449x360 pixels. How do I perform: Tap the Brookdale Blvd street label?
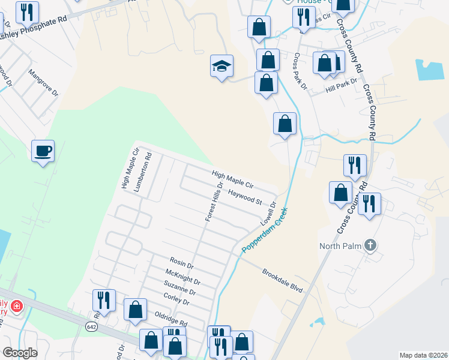pyautogui.click(x=282, y=281)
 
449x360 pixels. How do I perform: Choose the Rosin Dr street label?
pyautogui.click(x=181, y=263)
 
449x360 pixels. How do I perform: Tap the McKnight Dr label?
pyautogui.click(x=182, y=277)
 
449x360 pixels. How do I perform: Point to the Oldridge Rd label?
pyautogui.click(x=171, y=319)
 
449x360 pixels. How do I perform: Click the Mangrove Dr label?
pyautogui.click(x=44, y=83)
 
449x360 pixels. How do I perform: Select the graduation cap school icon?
pyautogui.click(x=221, y=66)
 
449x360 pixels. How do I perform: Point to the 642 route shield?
pyautogui.click(x=91, y=326)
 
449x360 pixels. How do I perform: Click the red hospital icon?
pyautogui.click(x=17, y=306)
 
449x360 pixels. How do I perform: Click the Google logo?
pyautogui.click(x=20, y=352)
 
